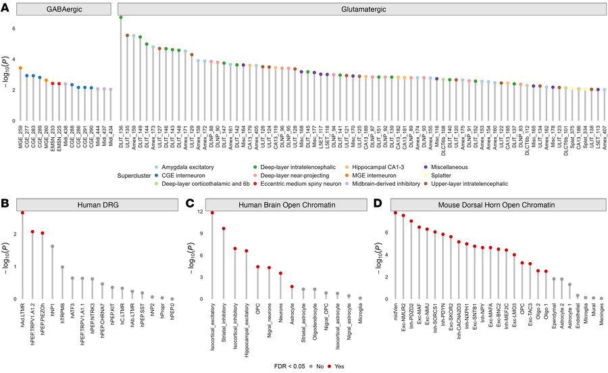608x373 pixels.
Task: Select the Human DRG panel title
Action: [97, 201]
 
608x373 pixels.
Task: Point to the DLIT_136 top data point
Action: [121, 18]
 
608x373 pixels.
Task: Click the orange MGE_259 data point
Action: [20, 68]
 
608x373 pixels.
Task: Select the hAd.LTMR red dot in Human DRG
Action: [23, 213]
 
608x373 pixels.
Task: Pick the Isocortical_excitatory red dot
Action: [212, 213]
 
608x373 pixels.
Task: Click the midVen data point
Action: [395, 213]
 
